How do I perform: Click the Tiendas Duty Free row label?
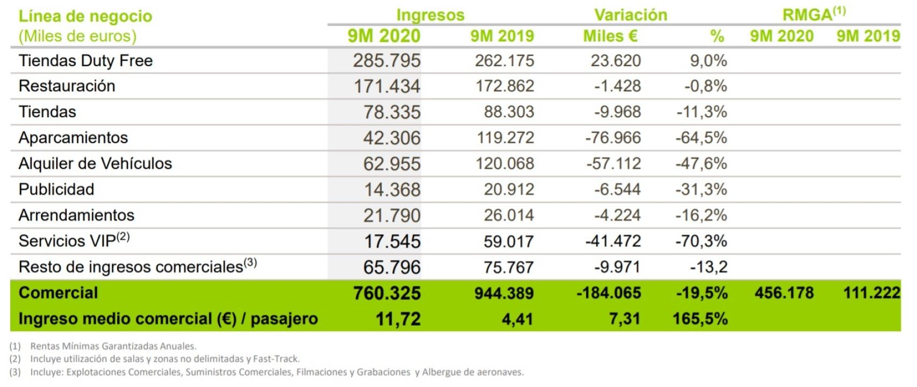[x=85, y=61]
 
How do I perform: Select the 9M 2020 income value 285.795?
[x=386, y=61]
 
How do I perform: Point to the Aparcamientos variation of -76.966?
[x=613, y=138]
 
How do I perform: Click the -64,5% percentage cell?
[x=701, y=138]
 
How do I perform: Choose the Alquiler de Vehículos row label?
[x=95, y=163]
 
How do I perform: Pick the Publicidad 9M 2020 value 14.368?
[x=392, y=189]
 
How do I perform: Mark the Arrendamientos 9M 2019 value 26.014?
[x=508, y=215]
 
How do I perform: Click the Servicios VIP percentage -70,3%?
[x=701, y=241]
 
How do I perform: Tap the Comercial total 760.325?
[x=386, y=293]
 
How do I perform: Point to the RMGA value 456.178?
[x=784, y=293]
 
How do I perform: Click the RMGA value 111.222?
[x=871, y=293]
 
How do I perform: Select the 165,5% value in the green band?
[x=700, y=319]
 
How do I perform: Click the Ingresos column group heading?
[x=430, y=15]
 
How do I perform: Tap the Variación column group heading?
[x=631, y=15]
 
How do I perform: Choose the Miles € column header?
[x=610, y=36]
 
